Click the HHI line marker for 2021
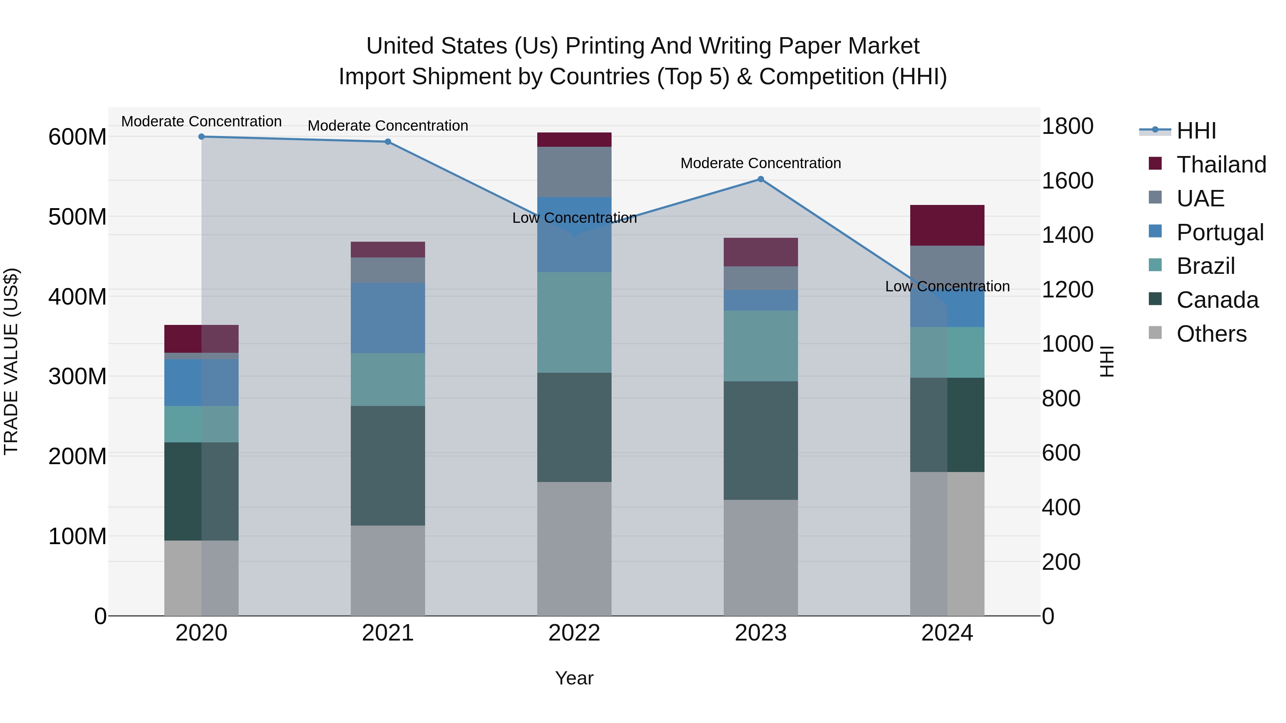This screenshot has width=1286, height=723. coord(388,142)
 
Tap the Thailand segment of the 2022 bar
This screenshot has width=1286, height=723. coord(574,140)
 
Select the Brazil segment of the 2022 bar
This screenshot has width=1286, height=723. coord(574,322)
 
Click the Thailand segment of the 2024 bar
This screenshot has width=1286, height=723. coord(947,225)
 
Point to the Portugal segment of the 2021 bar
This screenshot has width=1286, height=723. coord(388,318)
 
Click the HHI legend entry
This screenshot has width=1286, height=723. coord(1196,131)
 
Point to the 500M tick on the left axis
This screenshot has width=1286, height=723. coord(78,217)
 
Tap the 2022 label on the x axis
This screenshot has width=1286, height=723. coord(574,633)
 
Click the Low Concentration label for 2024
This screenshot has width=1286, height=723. coord(947,286)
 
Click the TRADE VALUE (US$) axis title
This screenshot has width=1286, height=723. coord(11,361)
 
